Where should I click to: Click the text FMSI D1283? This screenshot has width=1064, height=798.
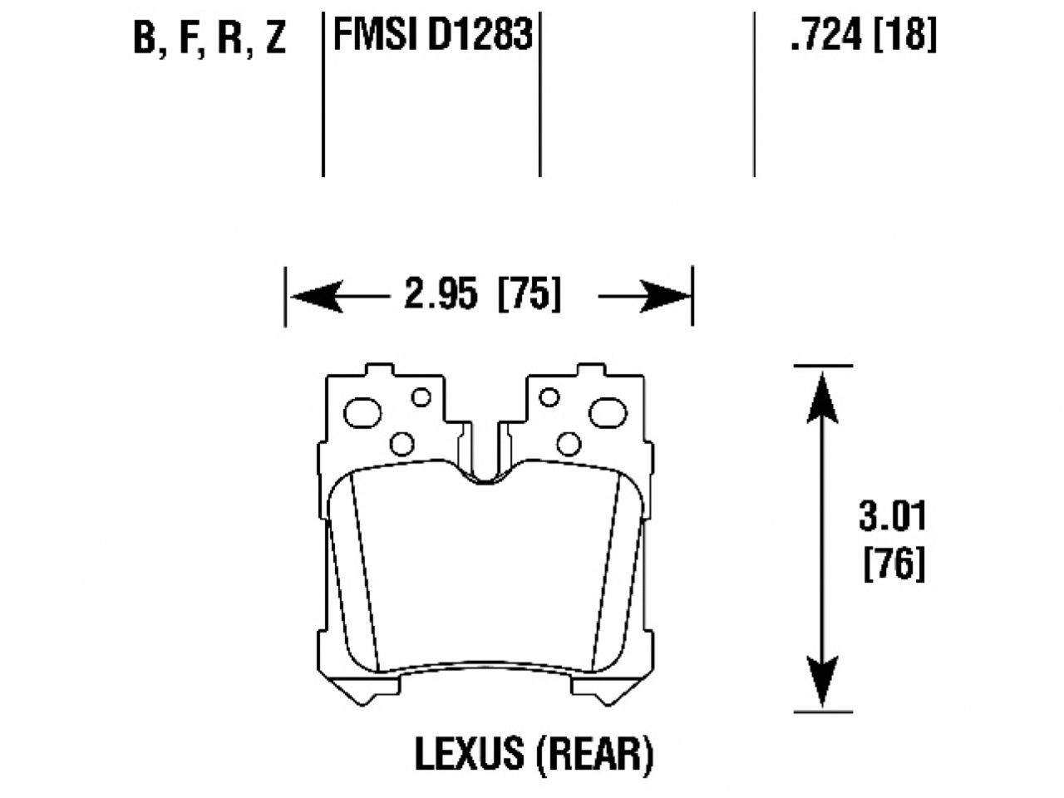(431, 36)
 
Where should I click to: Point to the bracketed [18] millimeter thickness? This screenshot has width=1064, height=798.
(905, 36)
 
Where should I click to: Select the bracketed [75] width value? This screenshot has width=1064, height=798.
(528, 296)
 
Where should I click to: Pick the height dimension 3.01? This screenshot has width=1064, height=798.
(892, 516)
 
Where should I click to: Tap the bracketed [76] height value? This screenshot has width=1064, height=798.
(894, 565)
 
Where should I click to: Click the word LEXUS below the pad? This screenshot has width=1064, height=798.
(470, 754)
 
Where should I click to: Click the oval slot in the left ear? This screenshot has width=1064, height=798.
(362, 411)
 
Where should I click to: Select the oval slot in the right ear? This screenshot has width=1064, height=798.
(607, 411)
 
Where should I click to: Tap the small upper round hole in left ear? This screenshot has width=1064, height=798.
(421, 397)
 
